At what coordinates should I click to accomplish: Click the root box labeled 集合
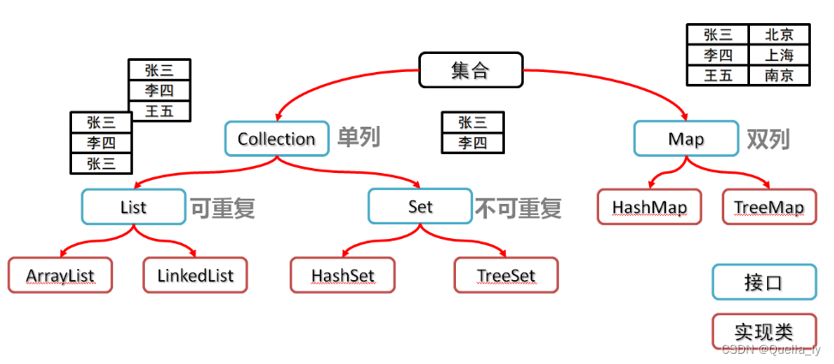coord(470,70)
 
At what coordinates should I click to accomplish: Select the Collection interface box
coord(277,139)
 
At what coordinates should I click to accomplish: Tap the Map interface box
coord(685,139)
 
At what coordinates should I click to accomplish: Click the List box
coord(133,206)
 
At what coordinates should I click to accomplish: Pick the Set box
coord(420,206)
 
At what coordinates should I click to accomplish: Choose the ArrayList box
coord(60,276)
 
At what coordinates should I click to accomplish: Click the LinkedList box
coord(195,276)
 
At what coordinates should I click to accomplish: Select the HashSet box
coord(342,276)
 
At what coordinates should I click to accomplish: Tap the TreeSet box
coord(506,276)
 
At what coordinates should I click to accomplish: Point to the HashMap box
coord(649,207)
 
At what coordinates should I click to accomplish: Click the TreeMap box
coord(769,207)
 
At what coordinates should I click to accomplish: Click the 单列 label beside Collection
coord(357,138)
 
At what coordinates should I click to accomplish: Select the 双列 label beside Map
coord(767,139)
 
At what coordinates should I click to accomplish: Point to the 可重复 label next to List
coord(222,207)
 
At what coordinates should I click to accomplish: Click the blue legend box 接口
coord(763,282)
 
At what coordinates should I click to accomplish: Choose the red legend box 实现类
coord(763,331)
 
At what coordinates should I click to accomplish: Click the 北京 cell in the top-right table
coord(779,35)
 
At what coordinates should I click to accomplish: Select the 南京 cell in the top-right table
coord(779,75)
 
